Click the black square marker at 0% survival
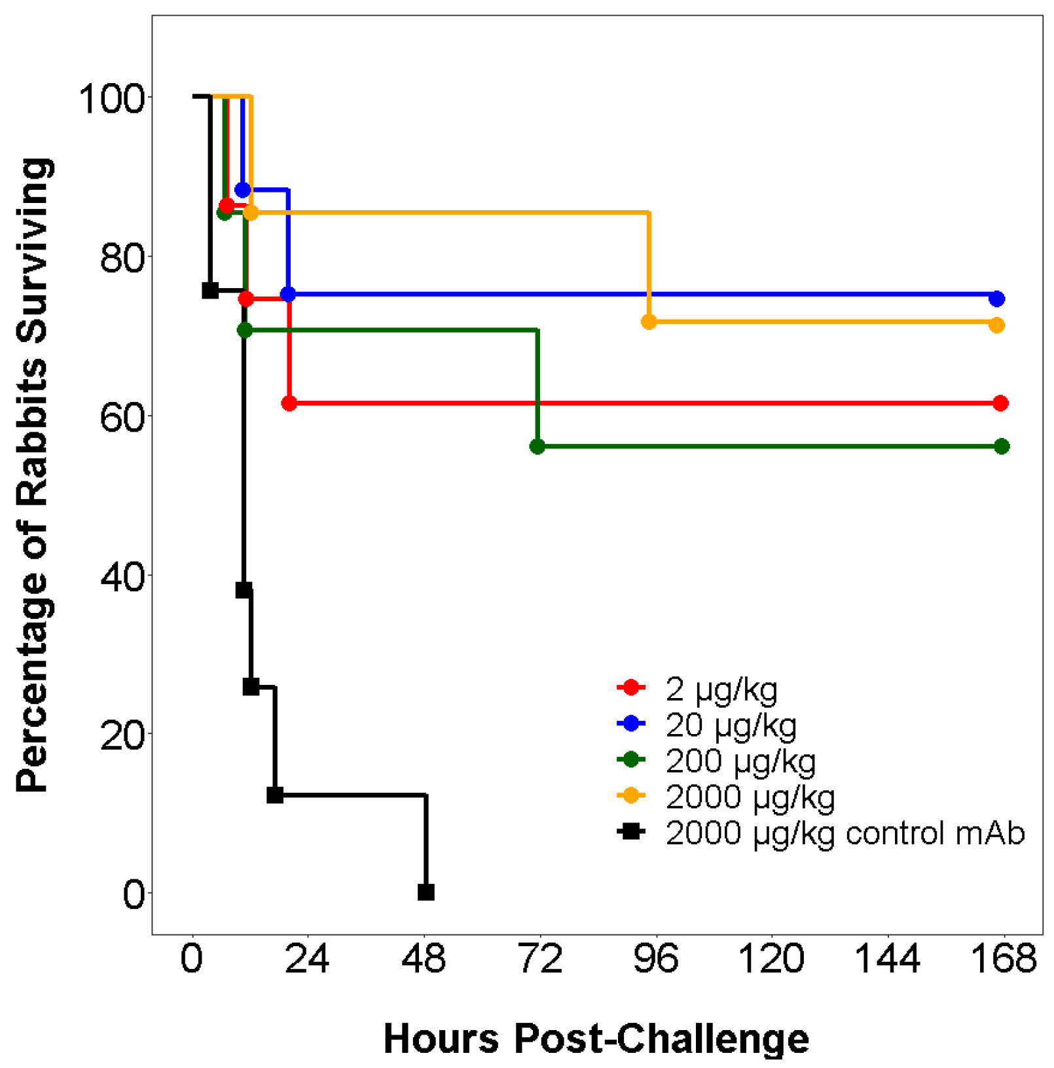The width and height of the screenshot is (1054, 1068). tap(426, 892)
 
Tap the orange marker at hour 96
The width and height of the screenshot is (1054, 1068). tap(648, 322)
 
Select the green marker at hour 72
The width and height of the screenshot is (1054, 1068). tap(537, 446)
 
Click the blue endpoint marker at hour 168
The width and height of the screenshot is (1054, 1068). tap(996, 299)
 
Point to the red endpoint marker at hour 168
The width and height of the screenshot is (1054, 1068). tap(1000, 403)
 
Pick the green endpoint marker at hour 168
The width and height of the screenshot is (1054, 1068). tap(1001, 446)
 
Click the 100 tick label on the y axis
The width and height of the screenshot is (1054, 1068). tap(111, 99)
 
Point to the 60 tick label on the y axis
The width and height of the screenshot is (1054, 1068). tap(122, 417)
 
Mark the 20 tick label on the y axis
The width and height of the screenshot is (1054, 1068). tap(122, 735)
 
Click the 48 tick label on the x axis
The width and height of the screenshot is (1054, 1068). tap(424, 958)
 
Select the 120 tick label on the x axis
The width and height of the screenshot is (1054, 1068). tap(771, 958)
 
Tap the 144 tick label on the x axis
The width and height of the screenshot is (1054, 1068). tap(887, 958)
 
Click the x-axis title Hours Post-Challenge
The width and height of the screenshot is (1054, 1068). tap(596, 1038)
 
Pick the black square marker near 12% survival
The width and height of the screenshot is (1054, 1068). tap(275, 794)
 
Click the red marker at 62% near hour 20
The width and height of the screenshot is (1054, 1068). tap(289, 403)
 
